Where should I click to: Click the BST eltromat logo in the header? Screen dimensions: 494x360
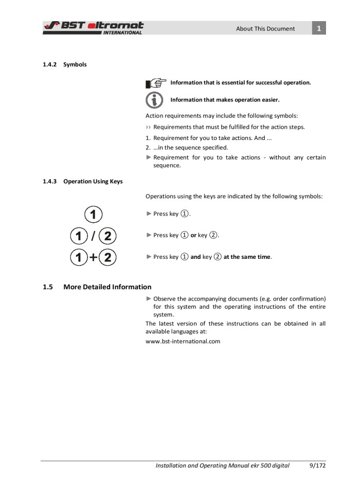[93, 28]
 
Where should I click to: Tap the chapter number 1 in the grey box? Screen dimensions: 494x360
[319, 28]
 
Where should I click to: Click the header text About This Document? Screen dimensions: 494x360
[265, 29]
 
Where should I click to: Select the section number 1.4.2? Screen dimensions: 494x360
[49, 65]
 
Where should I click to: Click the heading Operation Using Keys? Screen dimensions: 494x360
[93, 182]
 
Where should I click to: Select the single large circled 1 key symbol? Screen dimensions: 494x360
[94, 214]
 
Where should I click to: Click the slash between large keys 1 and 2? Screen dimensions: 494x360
[94, 236]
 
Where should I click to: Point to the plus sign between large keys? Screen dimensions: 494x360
[94, 257]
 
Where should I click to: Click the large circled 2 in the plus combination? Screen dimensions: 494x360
[107, 257]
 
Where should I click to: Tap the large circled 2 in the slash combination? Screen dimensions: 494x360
[107, 236]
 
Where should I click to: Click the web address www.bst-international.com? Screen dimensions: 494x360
[183, 341]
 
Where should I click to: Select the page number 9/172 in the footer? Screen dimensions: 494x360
[317, 466]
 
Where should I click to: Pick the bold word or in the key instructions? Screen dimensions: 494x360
[193, 235]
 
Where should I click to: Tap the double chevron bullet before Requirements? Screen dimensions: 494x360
[149, 127]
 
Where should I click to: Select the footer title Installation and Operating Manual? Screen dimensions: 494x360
[206, 466]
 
